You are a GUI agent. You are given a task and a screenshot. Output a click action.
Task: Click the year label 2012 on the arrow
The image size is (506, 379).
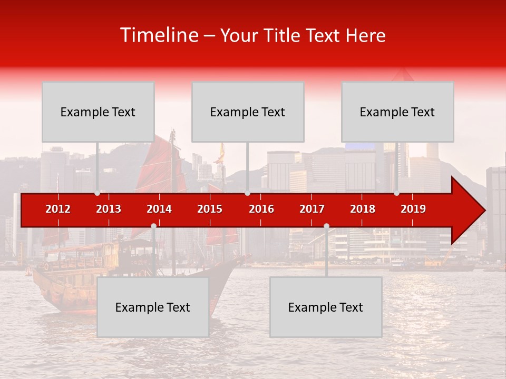point(58,209)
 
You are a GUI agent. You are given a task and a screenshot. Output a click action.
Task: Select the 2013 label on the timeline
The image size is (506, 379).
point(109,209)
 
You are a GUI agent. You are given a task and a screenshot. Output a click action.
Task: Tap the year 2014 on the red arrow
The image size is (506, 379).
point(159,209)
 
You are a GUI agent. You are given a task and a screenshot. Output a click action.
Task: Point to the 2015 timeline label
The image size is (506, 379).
point(210,209)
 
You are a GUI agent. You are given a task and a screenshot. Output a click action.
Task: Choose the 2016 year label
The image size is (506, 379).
point(261,209)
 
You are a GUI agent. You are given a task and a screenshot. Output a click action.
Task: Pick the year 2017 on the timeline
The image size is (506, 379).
point(312,209)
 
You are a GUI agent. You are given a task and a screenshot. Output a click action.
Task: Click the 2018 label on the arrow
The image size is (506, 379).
point(363,209)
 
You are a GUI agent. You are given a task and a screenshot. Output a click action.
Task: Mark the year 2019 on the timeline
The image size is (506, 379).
point(413,209)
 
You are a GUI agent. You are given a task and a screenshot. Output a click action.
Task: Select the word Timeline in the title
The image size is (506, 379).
point(158,35)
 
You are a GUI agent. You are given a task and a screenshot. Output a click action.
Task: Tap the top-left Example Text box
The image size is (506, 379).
point(98,112)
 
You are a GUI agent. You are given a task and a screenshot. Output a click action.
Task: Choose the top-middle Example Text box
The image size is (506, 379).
point(248,112)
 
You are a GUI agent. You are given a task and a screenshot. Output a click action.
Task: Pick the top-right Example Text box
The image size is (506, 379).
point(397,112)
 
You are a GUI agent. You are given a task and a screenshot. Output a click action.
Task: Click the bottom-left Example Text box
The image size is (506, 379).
point(153,307)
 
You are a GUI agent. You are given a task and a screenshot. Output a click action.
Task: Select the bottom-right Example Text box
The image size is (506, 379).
point(326,307)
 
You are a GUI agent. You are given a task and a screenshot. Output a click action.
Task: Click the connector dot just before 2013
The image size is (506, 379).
point(97,193)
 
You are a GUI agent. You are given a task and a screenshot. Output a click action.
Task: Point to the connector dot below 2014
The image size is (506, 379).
point(153,226)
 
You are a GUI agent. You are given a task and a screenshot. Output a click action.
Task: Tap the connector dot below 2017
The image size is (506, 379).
point(326,226)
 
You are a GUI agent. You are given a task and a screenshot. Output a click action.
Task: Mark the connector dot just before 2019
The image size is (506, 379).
point(396,193)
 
